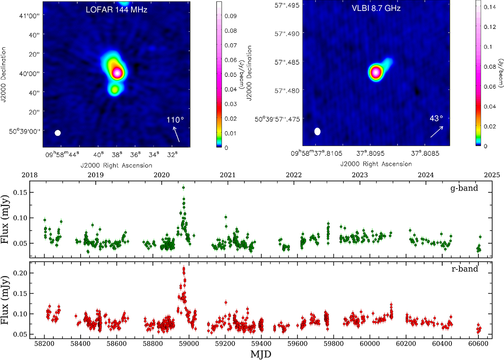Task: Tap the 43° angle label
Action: tap(435, 119)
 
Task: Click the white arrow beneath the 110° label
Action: tap(177, 134)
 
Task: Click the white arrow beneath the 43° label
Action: tap(437, 131)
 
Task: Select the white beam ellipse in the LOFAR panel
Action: tap(58, 133)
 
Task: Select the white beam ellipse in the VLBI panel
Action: tap(318, 131)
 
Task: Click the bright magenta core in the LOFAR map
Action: tap(117, 73)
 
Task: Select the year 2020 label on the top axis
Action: tap(162, 175)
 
